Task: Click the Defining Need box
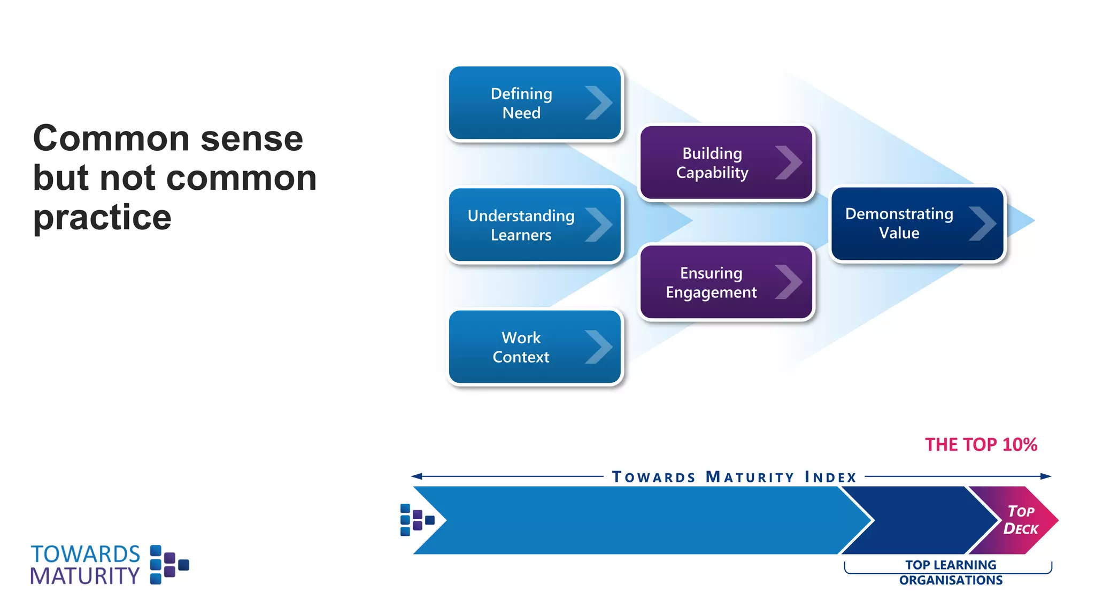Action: click(x=535, y=103)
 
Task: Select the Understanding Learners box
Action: click(x=535, y=225)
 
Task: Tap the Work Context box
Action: click(x=535, y=347)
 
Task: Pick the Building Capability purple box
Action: click(x=726, y=163)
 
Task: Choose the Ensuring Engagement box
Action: click(x=726, y=282)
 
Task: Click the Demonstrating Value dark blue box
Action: click(x=917, y=224)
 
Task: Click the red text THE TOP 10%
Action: click(x=981, y=445)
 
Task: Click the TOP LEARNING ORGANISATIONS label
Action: click(x=950, y=573)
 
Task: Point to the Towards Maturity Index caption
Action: click(x=734, y=477)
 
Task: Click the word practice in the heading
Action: click(x=102, y=218)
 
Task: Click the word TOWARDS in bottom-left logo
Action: click(x=86, y=555)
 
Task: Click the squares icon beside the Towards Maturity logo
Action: click(x=169, y=565)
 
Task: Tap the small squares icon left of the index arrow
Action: click(x=417, y=520)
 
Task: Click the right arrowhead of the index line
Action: click(x=1046, y=476)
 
